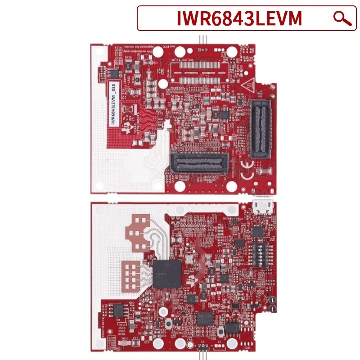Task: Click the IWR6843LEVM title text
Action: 238,18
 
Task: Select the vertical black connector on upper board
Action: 261,129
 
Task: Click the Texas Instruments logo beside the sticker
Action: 127,129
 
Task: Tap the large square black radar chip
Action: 167,273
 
